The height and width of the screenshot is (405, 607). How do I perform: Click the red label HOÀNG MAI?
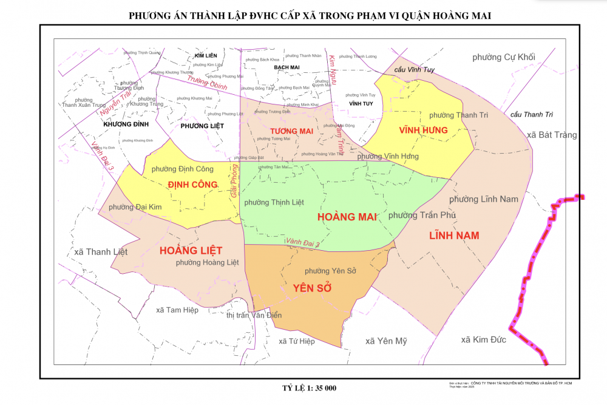[347, 216]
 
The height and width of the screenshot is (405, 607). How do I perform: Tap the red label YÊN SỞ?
[312, 288]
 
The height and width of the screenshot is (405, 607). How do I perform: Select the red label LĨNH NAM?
[454, 235]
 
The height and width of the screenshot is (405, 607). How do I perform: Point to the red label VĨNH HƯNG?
[423, 130]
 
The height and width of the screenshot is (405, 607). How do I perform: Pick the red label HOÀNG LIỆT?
[191, 250]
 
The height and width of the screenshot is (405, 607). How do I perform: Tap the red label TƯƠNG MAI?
[291, 131]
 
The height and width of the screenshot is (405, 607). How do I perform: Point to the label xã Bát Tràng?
[552, 135]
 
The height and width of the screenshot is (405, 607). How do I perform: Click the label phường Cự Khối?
[504, 57]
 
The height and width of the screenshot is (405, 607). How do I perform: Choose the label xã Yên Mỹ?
[386, 341]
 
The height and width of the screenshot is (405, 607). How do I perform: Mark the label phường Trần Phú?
[422, 216]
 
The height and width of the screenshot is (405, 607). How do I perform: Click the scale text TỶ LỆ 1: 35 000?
[309, 388]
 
